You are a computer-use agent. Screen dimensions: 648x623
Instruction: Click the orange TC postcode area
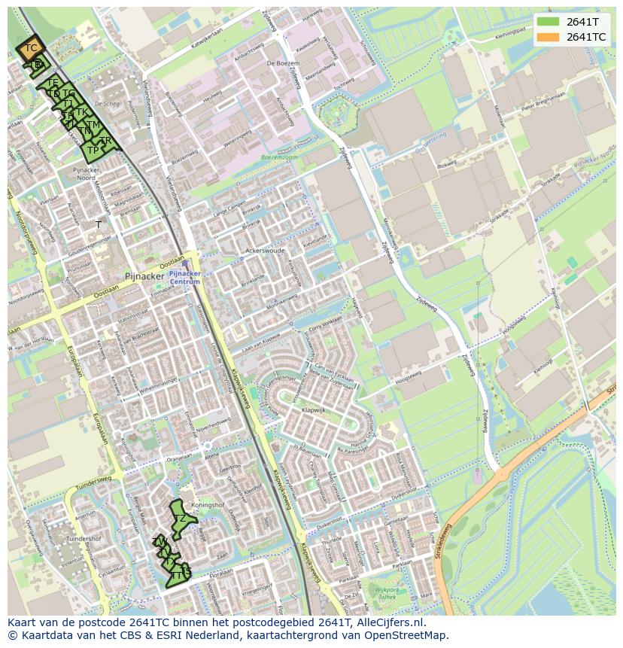(x=31, y=49)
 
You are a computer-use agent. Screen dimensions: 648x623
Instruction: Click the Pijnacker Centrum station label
(x=184, y=278)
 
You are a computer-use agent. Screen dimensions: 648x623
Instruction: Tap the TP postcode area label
(x=93, y=150)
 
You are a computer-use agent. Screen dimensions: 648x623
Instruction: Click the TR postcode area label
(x=106, y=141)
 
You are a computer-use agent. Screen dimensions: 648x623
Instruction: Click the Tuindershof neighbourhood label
(x=84, y=539)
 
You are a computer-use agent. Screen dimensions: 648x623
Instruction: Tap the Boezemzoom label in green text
(x=278, y=157)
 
